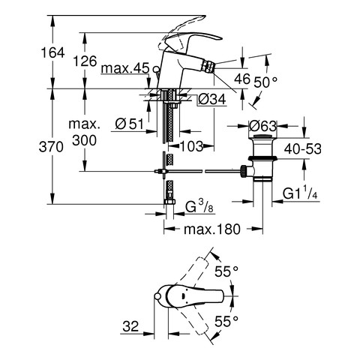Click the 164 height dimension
pos(52,53)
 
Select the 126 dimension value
pos(85,61)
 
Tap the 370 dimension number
pos(51,147)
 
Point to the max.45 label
pos(125,68)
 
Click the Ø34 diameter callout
pos(212,99)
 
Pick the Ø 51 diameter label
pos(130,124)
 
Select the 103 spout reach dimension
pos(191,146)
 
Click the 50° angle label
pos(265,82)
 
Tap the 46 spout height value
pos(242,79)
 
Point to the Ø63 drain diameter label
pos(263,126)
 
